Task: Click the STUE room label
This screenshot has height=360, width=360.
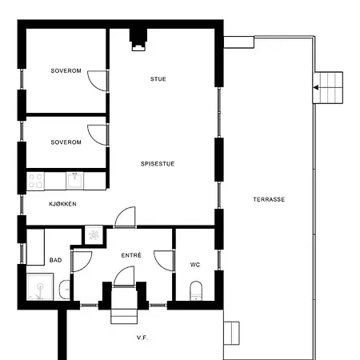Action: click(158, 79)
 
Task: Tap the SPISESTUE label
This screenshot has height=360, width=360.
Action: click(158, 164)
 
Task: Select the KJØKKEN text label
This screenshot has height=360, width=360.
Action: click(62, 204)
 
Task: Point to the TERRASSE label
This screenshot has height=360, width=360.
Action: click(269, 199)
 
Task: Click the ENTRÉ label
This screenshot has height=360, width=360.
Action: click(131, 255)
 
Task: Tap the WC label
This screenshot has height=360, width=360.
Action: click(195, 265)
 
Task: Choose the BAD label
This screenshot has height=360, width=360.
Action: click(55, 260)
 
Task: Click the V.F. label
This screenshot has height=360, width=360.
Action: click(142, 338)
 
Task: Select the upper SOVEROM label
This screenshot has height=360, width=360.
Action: click(66, 71)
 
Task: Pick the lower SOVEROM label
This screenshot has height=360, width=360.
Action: click(66, 142)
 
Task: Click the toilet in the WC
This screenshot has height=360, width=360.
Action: click(196, 290)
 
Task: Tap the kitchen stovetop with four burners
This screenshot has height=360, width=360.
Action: click(35, 181)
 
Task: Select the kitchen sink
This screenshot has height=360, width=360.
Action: click(74, 181)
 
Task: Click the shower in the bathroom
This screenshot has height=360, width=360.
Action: click(40, 286)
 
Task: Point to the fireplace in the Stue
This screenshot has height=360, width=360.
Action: click(138, 39)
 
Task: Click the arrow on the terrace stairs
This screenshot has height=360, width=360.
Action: click(316, 87)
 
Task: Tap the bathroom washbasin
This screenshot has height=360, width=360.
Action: click(64, 290)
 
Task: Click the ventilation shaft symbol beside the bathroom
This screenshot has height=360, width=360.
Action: click(94, 235)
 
